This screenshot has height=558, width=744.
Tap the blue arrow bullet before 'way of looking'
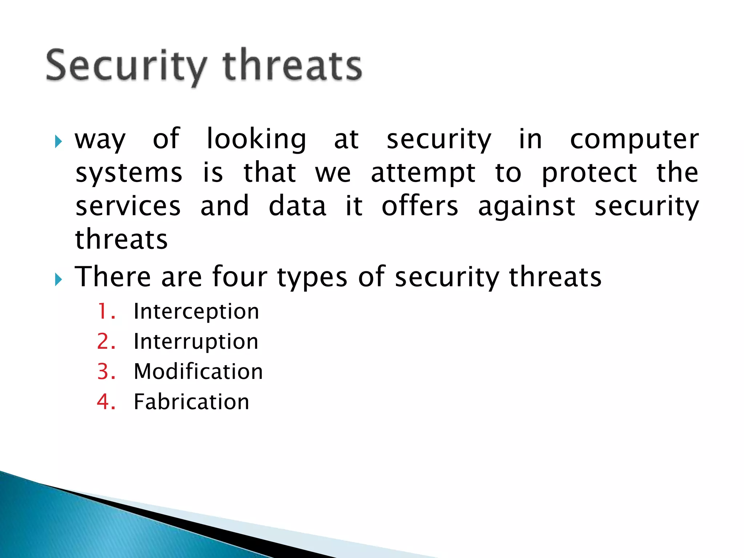pyautogui.click(x=58, y=141)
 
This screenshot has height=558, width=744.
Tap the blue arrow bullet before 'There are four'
pyautogui.click(x=58, y=279)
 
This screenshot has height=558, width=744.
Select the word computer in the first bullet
pyautogui.click(x=634, y=140)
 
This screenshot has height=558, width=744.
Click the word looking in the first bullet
pyautogui.click(x=256, y=140)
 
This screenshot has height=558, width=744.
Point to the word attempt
pyautogui.click(x=423, y=173)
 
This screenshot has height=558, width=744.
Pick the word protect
pyautogui.click(x=589, y=173)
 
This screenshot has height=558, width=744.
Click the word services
pyautogui.click(x=128, y=206)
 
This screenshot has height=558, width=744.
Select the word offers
pyautogui.click(x=420, y=206)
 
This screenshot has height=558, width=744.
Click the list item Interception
pyautogui.click(x=196, y=312)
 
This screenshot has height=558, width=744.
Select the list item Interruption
pyautogui.click(x=196, y=342)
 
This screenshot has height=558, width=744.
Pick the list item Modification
pyautogui.click(x=198, y=372)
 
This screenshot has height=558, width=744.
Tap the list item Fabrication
pyautogui.click(x=191, y=402)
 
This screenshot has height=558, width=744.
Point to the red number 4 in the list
pyautogui.click(x=104, y=402)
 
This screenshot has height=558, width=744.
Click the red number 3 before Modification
pyautogui.click(x=104, y=372)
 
